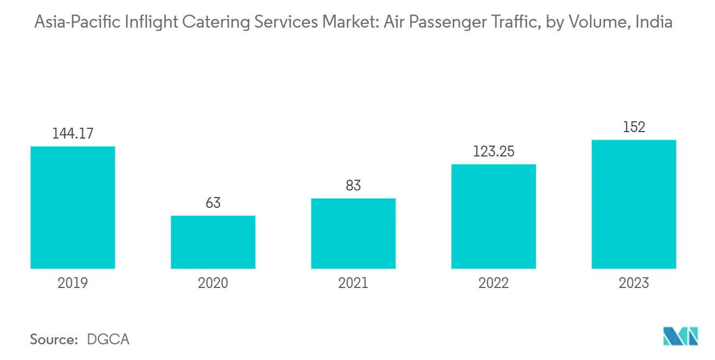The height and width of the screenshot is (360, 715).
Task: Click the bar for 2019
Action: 73,207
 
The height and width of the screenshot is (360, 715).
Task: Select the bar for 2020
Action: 213,242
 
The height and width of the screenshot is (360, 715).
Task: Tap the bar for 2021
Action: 353,233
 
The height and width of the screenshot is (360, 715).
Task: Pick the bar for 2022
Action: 493,216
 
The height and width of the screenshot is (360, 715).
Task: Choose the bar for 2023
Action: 634,204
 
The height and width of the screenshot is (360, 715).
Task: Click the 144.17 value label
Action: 73,134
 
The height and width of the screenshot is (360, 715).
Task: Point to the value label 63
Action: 213,203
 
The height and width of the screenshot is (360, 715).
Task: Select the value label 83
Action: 353,186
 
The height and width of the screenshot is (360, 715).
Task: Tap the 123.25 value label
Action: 493,152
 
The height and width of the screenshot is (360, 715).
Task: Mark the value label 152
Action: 634,127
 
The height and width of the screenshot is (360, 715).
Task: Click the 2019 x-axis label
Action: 73,283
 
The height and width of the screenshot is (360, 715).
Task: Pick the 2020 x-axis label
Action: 213,283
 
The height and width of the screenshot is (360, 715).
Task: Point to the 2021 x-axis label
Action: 353,283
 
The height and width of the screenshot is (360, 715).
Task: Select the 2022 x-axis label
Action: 493,283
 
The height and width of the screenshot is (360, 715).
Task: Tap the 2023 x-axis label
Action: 634,283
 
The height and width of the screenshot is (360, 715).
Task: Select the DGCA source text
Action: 108,339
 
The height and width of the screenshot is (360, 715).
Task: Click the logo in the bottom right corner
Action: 681,336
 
